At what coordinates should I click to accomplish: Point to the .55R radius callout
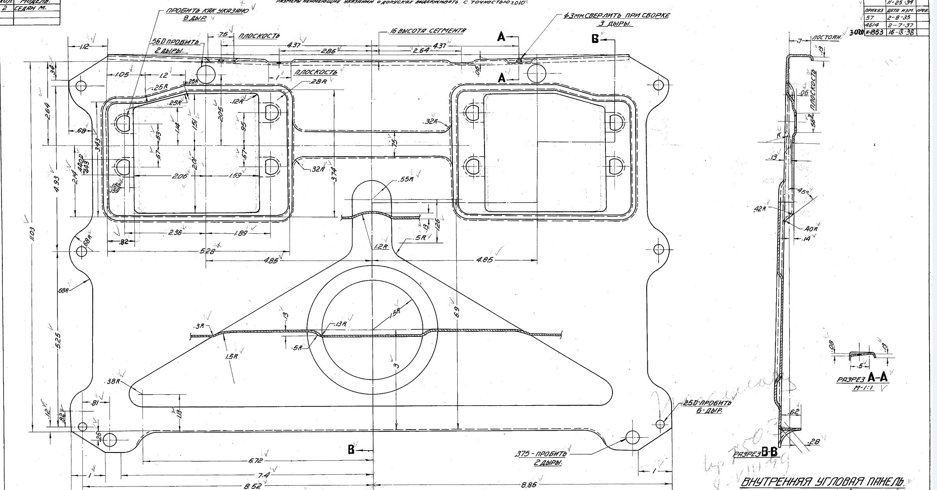click(x=406, y=180)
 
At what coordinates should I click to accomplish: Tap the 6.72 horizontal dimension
click(x=255, y=461)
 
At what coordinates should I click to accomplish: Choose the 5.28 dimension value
click(x=207, y=251)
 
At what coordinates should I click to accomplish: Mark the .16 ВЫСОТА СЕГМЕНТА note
click(x=428, y=31)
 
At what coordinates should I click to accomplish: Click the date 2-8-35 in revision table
click(x=895, y=18)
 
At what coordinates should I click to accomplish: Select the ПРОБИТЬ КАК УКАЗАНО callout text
click(x=207, y=11)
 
